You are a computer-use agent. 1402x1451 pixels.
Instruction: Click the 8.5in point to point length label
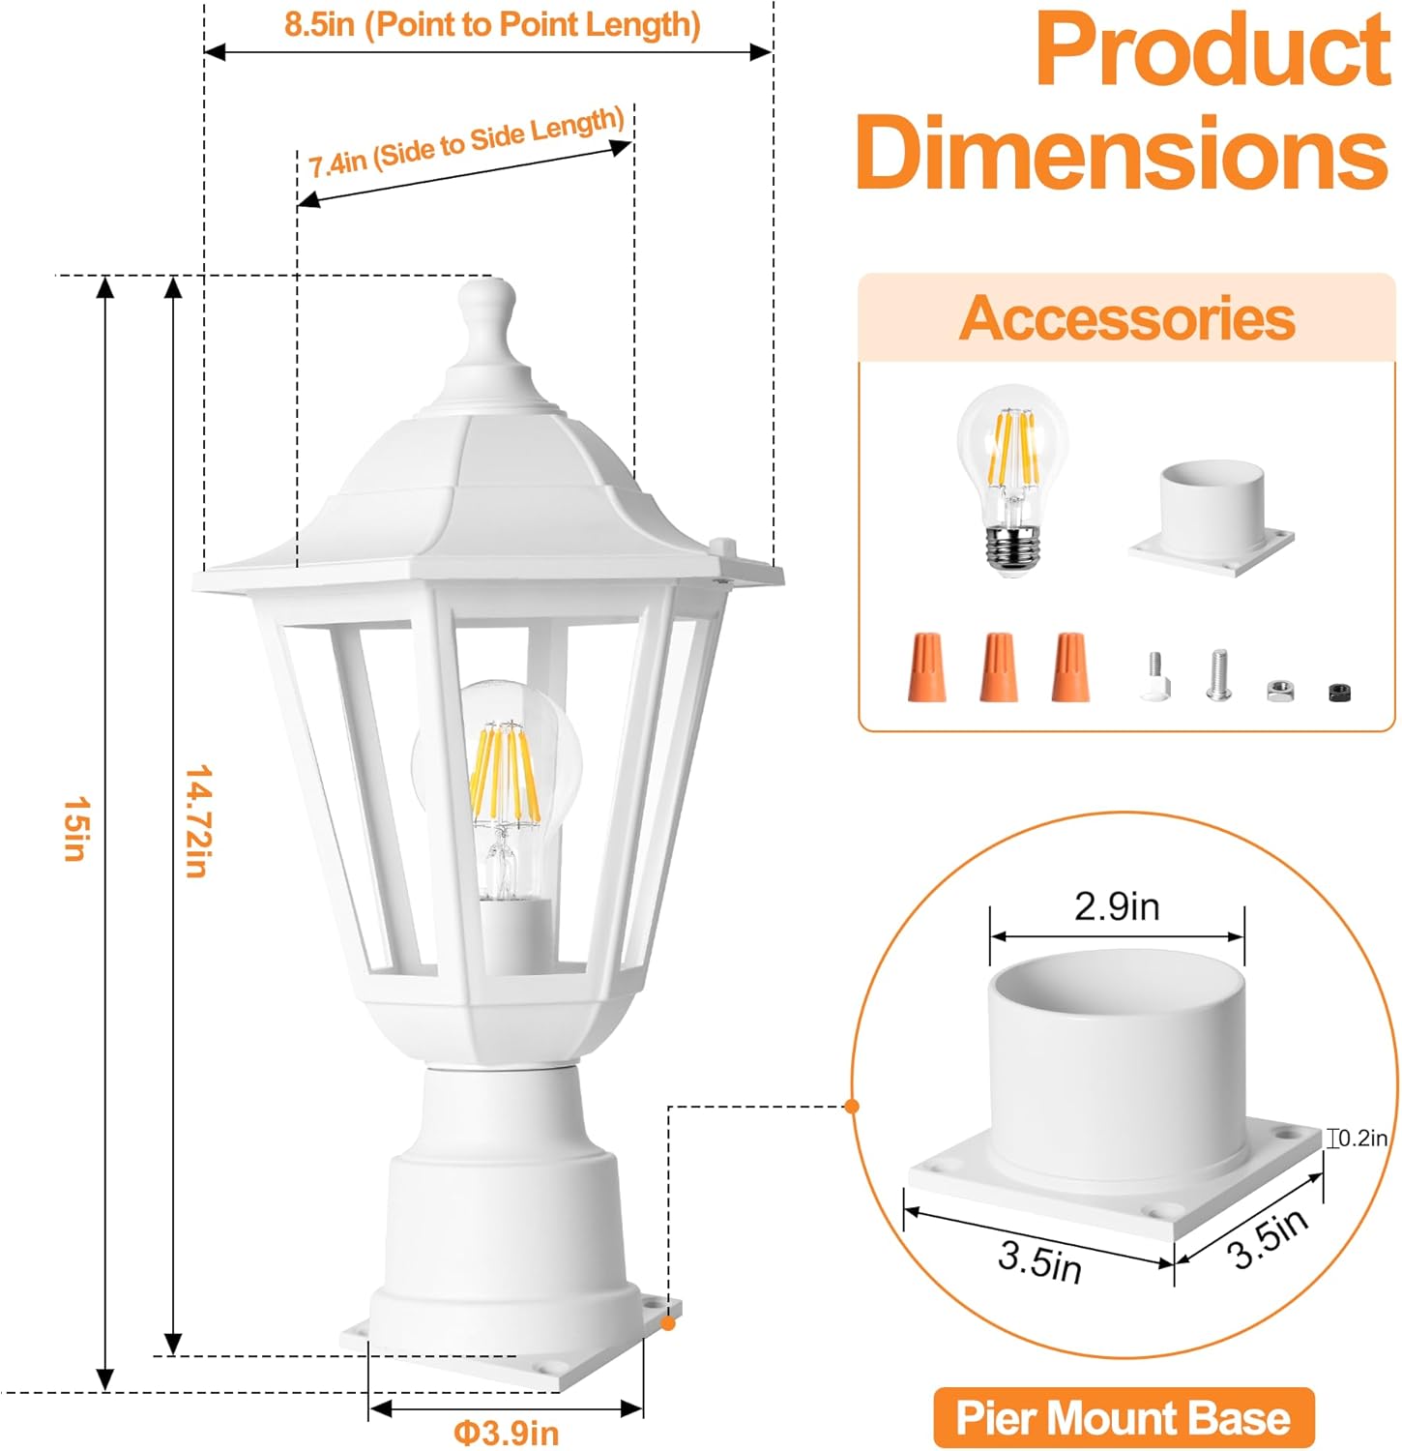(492, 24)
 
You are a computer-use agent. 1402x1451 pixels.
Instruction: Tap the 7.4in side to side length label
(467, 142)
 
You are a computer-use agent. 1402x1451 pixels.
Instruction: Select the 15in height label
(76, 828)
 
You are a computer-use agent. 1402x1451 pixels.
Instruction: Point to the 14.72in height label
(197, 820)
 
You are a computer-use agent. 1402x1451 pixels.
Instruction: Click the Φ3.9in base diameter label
(506, 1433)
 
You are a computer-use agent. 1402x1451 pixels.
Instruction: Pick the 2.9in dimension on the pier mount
(1117, 906)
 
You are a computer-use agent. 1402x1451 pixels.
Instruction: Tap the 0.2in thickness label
(1362, 1139)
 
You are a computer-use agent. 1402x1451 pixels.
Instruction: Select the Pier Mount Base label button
(1124, 1418)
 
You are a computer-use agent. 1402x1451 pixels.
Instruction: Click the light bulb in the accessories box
(1012, 480)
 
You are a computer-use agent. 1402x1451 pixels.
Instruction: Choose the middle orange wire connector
(999, 666)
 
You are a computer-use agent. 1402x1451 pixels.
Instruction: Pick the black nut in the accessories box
(1339, 692)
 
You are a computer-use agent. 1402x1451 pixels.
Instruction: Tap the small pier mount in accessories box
(1212, 518)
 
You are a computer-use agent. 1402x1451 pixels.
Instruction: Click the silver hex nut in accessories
(1280, 690)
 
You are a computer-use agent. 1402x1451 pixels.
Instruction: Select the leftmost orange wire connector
(926, 666)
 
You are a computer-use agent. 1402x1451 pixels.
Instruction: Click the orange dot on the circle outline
(852, 1106)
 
